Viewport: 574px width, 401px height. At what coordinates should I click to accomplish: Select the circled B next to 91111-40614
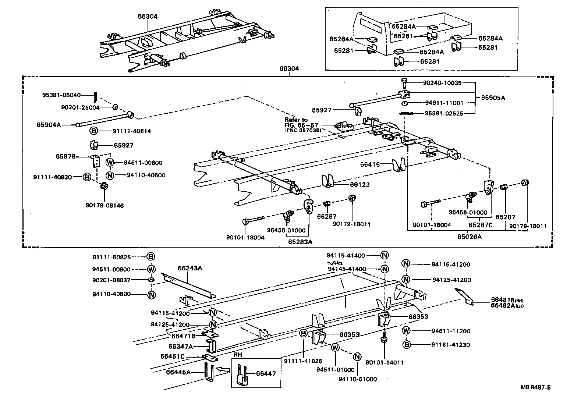click(x=93, y=131)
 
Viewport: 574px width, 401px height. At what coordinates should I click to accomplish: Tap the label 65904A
click(x=49, y=125)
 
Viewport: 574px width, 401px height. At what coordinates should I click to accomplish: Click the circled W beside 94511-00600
click(x=110, y=163)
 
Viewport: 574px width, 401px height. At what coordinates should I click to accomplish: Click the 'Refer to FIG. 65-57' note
click(x=301, y=123)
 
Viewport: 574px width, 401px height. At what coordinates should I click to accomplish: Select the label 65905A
click(x=493, y=98)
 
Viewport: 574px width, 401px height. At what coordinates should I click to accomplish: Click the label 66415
click(x=369, y=164)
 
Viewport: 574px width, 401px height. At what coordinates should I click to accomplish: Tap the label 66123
click(x=359, y=185)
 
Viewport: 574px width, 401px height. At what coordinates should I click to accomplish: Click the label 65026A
click(x=470, y=237)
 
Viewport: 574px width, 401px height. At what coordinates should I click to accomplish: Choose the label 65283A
click(x=300, y=242)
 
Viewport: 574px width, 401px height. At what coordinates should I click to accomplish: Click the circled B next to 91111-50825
click(x=151, y=257)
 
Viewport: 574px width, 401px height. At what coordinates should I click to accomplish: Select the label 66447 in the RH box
click(x=266, y=374)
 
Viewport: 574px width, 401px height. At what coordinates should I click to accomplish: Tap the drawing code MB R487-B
click(x=535, y=387)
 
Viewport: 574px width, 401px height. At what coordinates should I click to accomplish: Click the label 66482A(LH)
click(x=507, y=306)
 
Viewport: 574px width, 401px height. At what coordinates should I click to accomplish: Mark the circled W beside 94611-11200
click(x=406, y=330)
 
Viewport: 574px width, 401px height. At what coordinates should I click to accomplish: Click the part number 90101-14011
click(x=385, y=362)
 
